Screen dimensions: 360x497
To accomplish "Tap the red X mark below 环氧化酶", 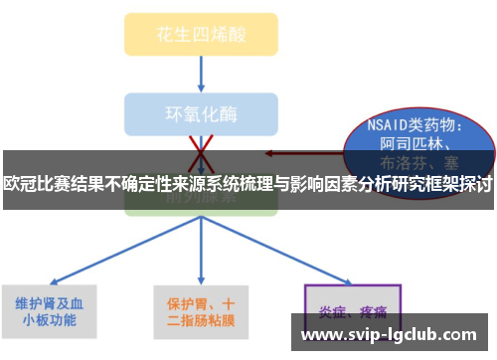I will point(202,149).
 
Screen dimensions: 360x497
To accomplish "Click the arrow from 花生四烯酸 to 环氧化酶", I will point(202,73).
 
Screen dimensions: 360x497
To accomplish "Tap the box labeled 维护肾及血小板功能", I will point(50,312).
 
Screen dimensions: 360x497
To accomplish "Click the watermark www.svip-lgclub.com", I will point(395,336).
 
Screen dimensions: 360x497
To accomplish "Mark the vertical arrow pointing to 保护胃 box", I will point(201,249).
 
